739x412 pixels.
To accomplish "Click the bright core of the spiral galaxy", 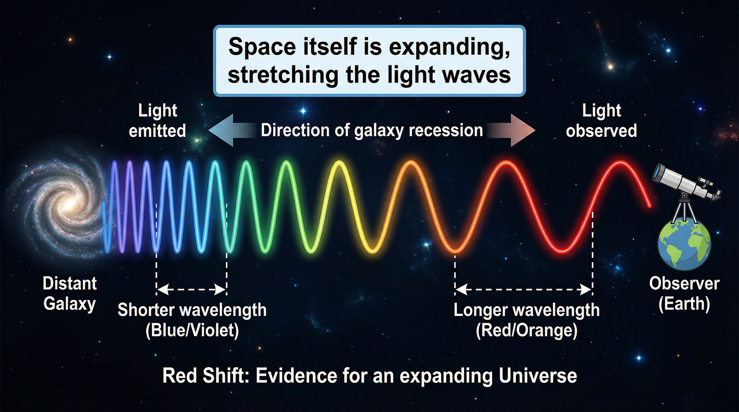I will [69, 204].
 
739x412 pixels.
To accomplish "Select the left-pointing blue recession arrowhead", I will [221, 130].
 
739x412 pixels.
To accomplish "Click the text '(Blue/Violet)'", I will [192, 330].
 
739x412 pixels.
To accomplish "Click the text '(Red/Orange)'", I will [527, 330].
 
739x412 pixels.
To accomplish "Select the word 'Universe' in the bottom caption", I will [538, 376].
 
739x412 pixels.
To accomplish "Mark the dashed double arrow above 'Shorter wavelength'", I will [192, 290].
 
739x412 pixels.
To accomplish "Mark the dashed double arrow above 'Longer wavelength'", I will [524, 290].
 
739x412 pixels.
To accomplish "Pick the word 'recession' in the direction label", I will [446, 130].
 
